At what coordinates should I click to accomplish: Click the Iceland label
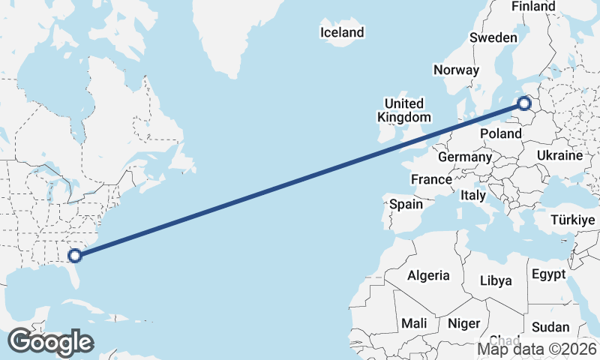(341, 32)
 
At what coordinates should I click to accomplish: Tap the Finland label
(533, 7)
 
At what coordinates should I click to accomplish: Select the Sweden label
(493, 38)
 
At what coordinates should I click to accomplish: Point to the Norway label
(456, 70)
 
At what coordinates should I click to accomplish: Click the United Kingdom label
(403, 110)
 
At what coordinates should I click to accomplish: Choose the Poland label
(500, 133)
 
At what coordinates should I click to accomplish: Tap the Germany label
(464, 157)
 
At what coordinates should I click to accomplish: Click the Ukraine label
(559, 156)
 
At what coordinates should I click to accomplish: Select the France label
(431, 180)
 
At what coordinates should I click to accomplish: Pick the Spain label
(406, 203)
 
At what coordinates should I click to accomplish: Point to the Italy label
(473, 195)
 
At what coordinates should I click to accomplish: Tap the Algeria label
(428, 275)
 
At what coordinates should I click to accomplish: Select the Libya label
(496, 280)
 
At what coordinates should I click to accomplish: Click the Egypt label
(548, 274)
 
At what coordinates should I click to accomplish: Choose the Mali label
(414, 323)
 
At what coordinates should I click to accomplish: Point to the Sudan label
(550, 327)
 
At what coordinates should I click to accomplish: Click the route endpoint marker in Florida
(75, 256)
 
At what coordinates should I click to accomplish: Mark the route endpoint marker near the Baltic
(524, 104)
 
